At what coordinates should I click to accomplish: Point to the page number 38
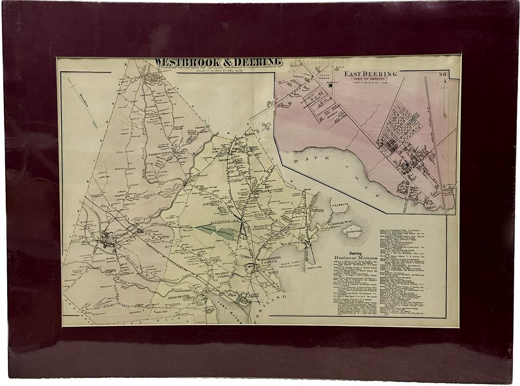point(442,74)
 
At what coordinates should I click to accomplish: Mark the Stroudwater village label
point(179,297)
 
